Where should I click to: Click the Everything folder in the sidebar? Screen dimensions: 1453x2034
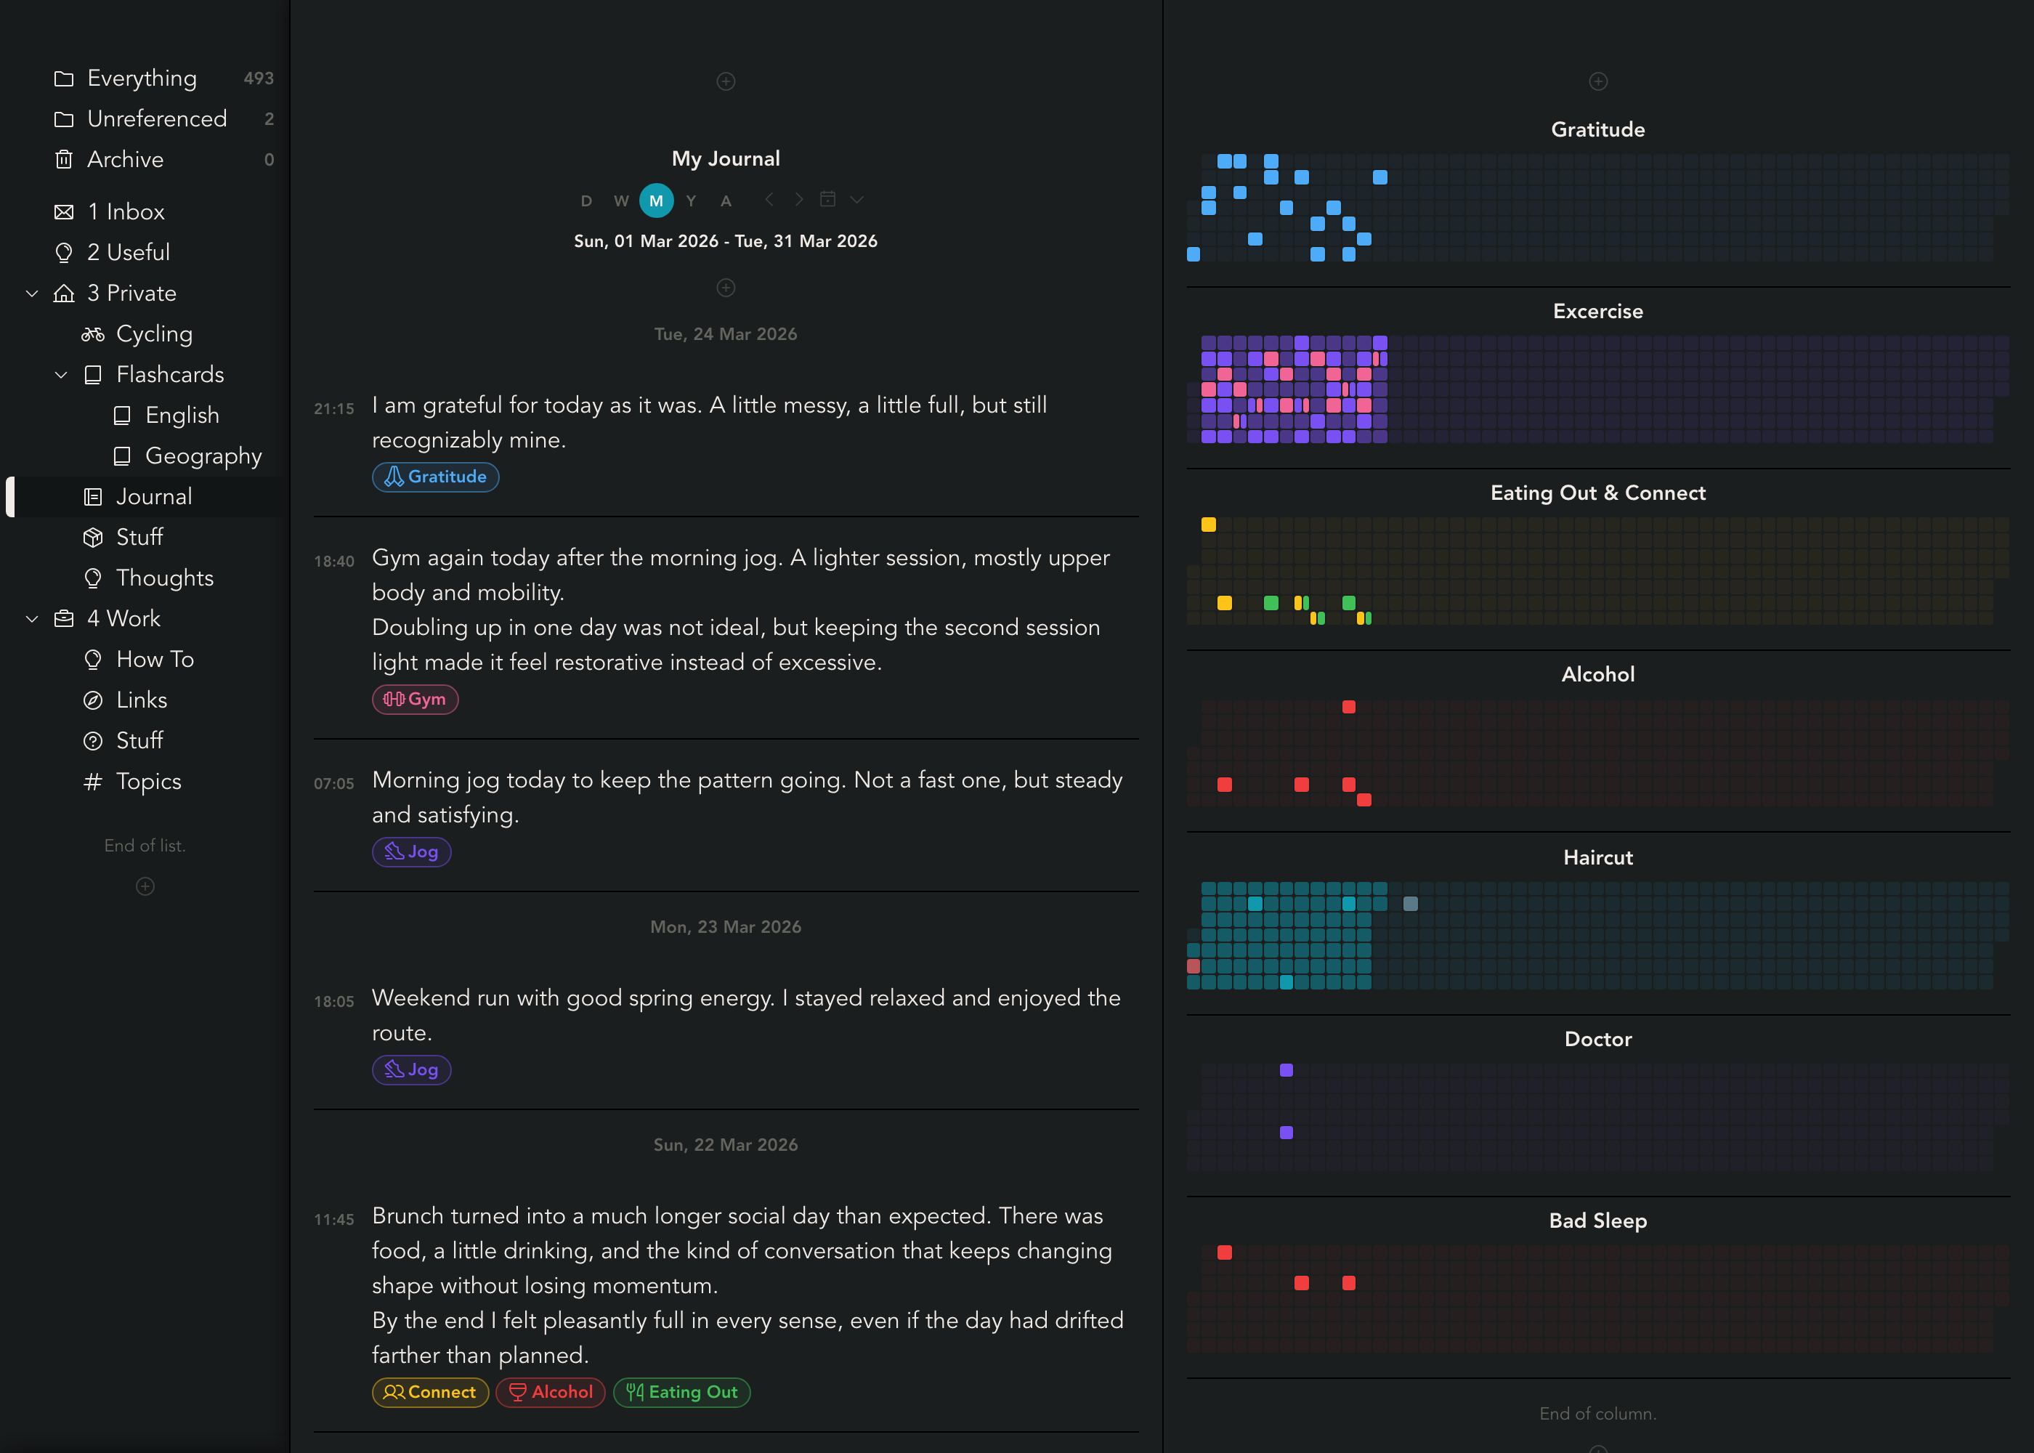tap(142, 78)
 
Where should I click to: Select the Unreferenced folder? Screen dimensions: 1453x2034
tap(156, 119)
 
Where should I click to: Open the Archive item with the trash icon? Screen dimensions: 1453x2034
tap(125, 160)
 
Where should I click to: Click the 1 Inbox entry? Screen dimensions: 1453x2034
tap(126, 212)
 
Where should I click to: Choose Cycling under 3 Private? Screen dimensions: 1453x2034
tap(154, 333)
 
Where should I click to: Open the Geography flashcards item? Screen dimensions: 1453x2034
tap(203, 456)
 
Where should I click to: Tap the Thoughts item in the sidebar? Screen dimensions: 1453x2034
tap(165, 578)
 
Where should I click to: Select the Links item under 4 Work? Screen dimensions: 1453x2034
tap(142, 700)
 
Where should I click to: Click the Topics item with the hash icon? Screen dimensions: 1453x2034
tap(148, 781)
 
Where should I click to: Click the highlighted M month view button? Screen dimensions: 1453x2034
tap(656, 201)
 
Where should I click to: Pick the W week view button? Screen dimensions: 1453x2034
tap(621, 201)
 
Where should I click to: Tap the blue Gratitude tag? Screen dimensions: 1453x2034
tap(436, 477)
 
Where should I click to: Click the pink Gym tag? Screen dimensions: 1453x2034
tap(415, 699)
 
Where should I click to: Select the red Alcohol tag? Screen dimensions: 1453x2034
tap(551, 1392)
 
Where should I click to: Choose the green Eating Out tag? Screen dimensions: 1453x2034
tap(681, 1392)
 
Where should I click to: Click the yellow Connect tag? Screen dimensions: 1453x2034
tap(430, 1392)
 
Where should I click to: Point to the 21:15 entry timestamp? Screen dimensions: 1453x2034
tap(333, 409)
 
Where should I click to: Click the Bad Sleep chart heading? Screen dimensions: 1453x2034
tap(1597, 1221)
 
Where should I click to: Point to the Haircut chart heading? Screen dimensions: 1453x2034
tap(1597, 857)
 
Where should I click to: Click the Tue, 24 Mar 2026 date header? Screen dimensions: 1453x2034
tap(726, 333)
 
